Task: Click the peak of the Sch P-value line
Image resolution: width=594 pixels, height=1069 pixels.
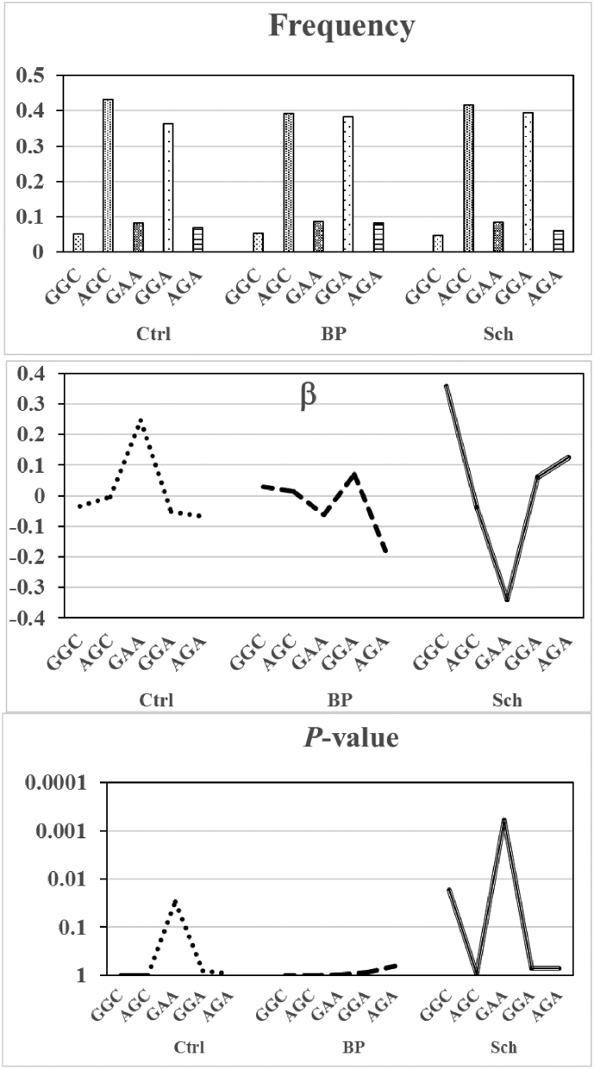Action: (x=504, y=819)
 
